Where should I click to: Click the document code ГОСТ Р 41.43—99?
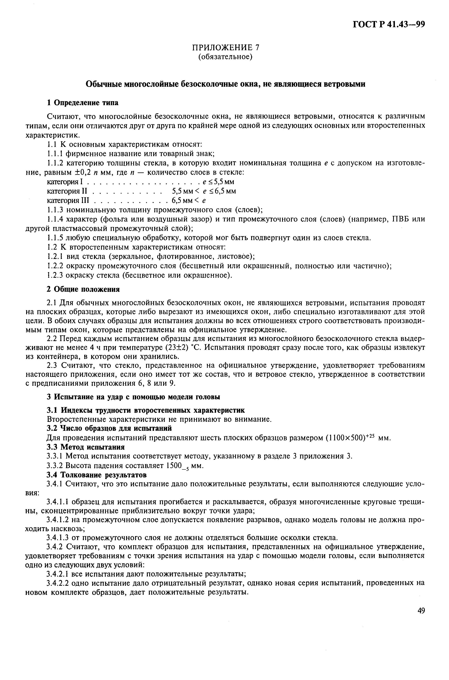coord(388,25)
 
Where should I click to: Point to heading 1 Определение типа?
coord(82,102)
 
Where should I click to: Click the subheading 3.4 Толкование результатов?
coord(97,475)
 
